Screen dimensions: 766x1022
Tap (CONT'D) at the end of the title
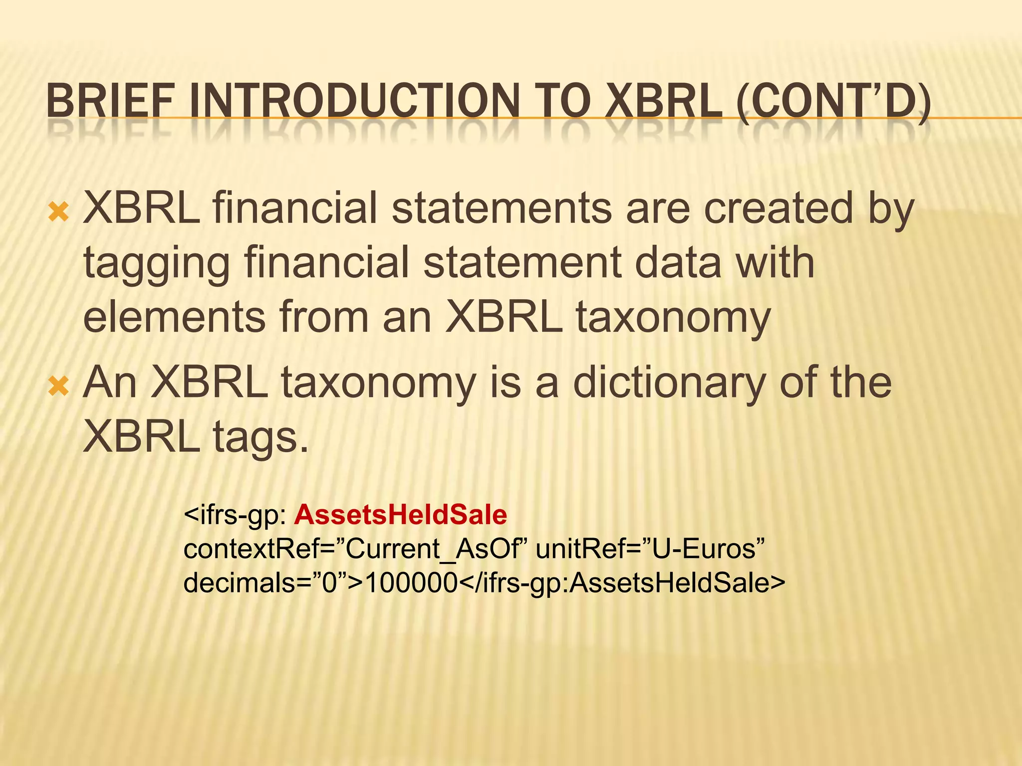click(833, 101)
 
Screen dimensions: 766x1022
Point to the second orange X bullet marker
click(59, 386)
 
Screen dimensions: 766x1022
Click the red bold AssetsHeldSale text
click(400, 515)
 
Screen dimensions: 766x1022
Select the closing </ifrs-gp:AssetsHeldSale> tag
click(621, 582)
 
